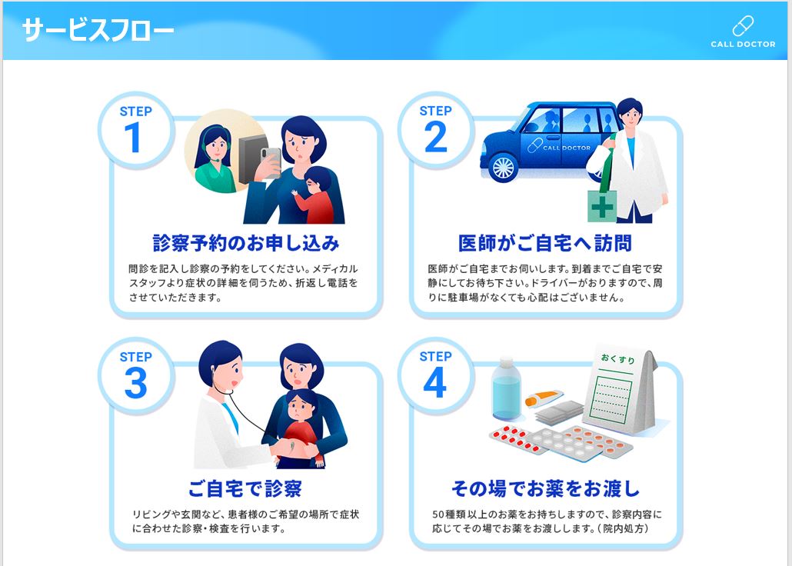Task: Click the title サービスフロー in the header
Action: tap(98, 30)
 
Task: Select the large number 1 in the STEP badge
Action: tap(133, 138)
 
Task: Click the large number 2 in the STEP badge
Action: tap(435, 138)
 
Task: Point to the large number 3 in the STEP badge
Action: tap(135, 383)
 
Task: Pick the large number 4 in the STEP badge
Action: tap(435, 383)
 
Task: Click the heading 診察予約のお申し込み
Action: tap(246, 243)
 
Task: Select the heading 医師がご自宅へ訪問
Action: tap(545, 243)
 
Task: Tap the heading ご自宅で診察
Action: tap(245, 488)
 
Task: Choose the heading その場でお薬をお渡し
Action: tap(545, 488)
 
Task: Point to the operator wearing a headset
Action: tap(215, 158)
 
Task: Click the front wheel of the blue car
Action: tap(503, 166)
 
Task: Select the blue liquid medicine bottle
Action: tap(507, 393)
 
